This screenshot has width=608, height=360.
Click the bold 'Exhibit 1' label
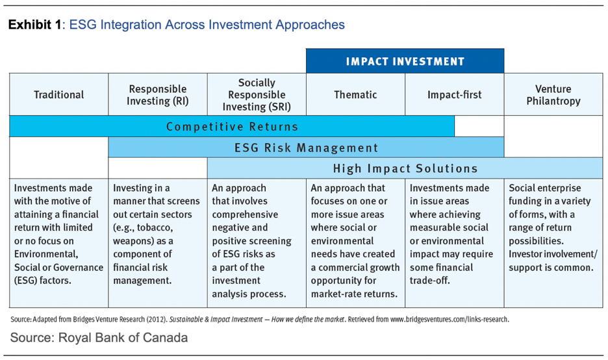coord(34,25)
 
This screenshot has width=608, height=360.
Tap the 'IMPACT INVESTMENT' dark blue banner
coord(405,62)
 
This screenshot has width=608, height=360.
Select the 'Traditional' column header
coord(58,95)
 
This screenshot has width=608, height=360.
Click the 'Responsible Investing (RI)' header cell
coord(158,95)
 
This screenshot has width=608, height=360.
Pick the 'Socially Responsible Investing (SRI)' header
coord(257,95)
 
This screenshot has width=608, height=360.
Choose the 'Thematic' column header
coord(355,95)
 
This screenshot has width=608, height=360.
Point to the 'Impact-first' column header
coord(454,95)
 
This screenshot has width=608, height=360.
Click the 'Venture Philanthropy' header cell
coord(553,95)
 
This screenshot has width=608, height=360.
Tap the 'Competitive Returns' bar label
coord(232,127)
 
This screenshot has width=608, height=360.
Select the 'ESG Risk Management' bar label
coord(306,148)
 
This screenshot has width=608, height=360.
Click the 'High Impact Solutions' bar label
coord(405,168)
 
